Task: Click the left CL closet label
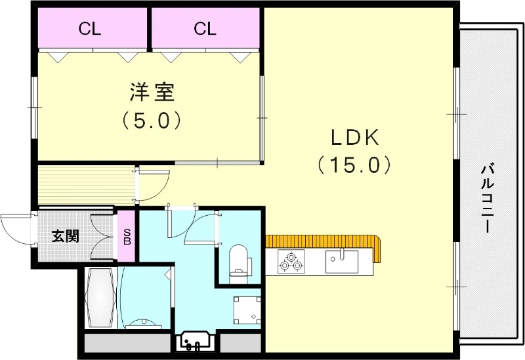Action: (x=91, y=28)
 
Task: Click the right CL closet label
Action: (x=205, y=28)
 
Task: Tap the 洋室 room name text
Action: (x=152, y=93)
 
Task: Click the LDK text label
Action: (x=354, y=138)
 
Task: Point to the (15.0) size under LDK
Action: (x=354, y=164)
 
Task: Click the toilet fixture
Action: (x=240, y=260)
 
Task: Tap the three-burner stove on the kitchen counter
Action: (x=290, y=262)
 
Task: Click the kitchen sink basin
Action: (x=342, y=262)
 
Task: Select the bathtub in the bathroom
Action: (x=100, y=298)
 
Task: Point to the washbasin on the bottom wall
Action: (x=196, y=341)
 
